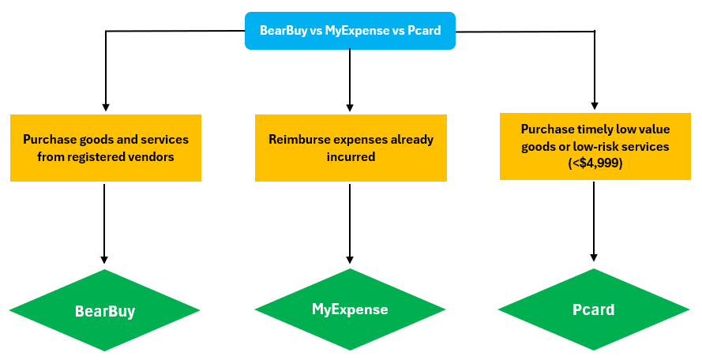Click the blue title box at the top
[x=350, y=31]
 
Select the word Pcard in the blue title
[x=423, y=31]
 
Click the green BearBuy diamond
[x=105, y=311]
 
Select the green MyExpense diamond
[x=350, y=309]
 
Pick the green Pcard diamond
[x=593, y=309]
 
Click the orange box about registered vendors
[x=105, y=148]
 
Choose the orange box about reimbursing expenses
[x=350, y=148]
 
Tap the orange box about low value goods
[x=595, y=146]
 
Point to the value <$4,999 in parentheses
[x=595, y=162]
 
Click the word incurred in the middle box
[x=350, y=156]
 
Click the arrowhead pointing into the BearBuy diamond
[x=105, y=260]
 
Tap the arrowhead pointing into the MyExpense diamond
[x=350, y=259]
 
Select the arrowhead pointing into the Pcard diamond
[x=594, y=257]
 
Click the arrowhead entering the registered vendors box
[x=105, y=107]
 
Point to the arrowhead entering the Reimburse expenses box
[x=350, y=107]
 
